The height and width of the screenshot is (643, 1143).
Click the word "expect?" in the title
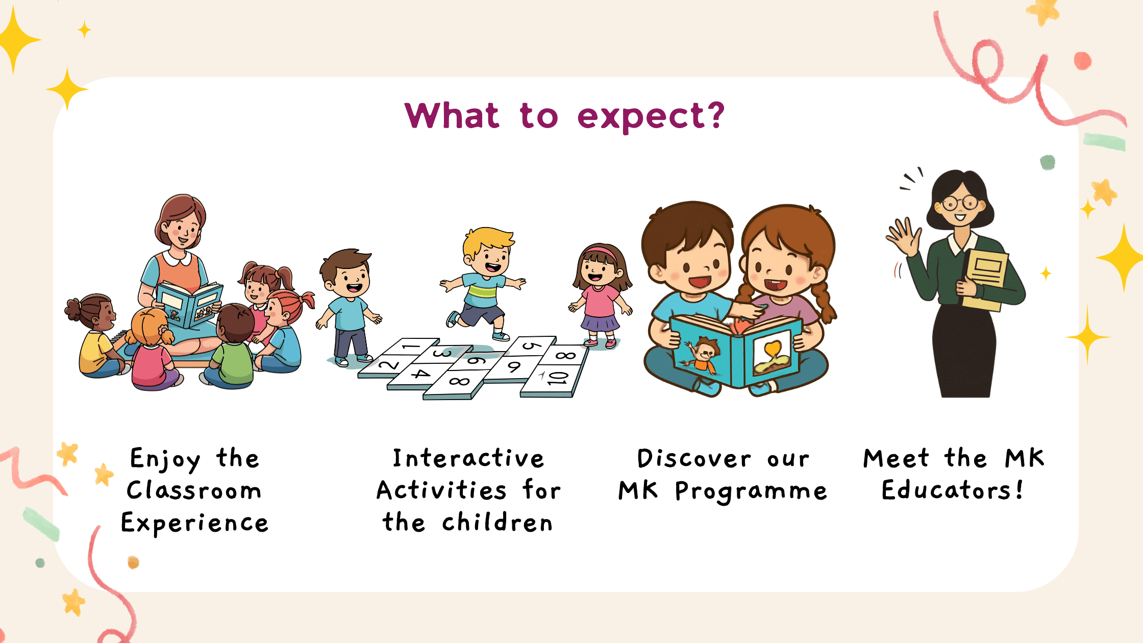[651, 117]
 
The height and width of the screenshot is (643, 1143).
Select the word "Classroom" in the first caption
[194, 490]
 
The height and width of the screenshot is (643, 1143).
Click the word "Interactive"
[468, 458]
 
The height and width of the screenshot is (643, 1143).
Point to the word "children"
[498, 522]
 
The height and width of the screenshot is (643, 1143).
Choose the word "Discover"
[694, 458]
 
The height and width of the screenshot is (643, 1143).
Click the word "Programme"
[751, 491]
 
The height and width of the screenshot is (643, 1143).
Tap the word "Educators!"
[953, 490]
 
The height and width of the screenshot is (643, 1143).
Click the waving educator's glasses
[959, 204]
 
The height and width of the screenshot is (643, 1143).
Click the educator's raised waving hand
[903, 237]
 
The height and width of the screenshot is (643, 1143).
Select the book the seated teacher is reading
[189, 304]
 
